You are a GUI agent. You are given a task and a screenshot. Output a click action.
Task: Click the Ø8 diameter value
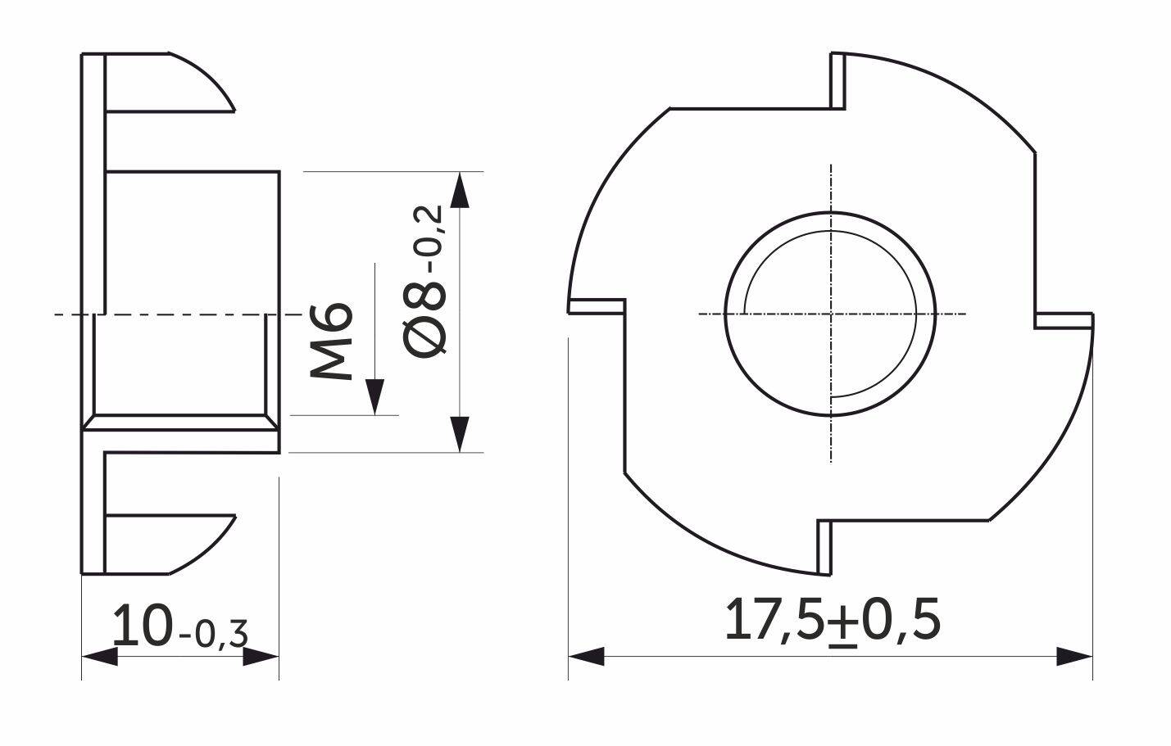(425, 319)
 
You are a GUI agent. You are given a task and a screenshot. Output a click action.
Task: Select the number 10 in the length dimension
(143, 625)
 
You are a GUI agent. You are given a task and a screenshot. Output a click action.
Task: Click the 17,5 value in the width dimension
(777, 620)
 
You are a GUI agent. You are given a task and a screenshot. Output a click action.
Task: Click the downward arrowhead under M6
(374, 396)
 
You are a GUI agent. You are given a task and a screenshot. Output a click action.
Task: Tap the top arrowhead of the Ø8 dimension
(459, 190)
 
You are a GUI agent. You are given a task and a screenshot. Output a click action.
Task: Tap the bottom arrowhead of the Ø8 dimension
(459, 434)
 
